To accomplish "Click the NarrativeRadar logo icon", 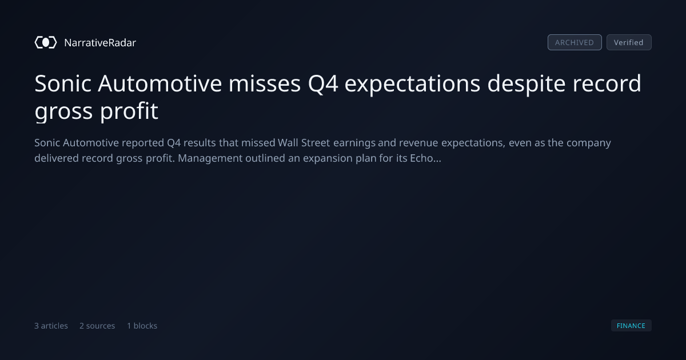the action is pyautogui.click(x=46, y=42).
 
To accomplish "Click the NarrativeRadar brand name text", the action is pyautogui.click(x=100, y=43).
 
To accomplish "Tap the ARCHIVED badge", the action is pyautogui.click(x=575, y=42).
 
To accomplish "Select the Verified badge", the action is pyautogui.click(x=629, y=42).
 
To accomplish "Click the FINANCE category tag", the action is pyautogui.click(x=631, y=326).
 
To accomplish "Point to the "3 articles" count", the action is pyautogui.click(x=51, y=326).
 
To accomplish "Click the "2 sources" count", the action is pyautogui.click(x=97, y=326).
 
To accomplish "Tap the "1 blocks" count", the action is pyautogui.click(x=142, y=326).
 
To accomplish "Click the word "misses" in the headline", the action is pyautogui.click(x=265, y=83).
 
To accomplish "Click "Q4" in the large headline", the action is pyautogui.click(x=323, y=83).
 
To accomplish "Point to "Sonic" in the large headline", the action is pyautogui.click(x=63, y=83).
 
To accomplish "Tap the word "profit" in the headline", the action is pyautogui.click(x=129, y=111).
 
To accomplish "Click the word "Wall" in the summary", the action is pyautogui.click(x=288, y=143).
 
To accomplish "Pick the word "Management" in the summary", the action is pyautogui.click(x=210, y=159).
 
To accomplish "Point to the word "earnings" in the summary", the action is pyautogui.click(x=354, y=143).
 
